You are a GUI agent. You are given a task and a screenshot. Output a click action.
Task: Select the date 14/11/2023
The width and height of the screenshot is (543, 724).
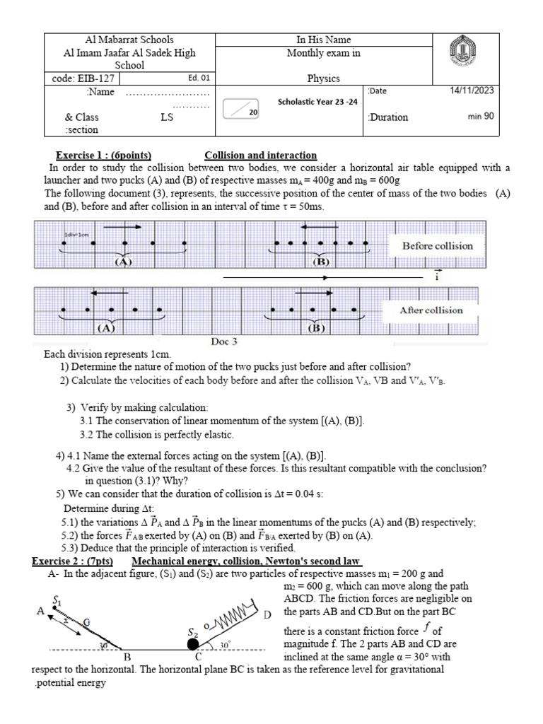tap(472, 90)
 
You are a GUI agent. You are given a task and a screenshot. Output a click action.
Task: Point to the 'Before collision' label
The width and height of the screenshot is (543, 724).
tap(437, 246)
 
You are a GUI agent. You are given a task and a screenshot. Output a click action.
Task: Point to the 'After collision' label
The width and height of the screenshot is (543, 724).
tap(431, 310)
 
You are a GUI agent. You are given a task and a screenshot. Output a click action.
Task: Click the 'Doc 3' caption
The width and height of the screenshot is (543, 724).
tap(224, 341)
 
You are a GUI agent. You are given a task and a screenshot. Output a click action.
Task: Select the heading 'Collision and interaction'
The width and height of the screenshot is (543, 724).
tap(260, 156)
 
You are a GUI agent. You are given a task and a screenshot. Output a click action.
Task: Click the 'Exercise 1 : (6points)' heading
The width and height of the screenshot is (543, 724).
tap(104, 156)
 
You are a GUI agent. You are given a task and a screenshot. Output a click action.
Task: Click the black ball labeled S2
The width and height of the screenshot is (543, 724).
tap(192, 643)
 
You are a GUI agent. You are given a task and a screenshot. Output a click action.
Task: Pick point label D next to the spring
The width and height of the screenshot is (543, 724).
tap(267, 615)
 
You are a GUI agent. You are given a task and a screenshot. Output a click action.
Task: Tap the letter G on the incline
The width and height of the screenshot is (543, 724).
tap(87, 621)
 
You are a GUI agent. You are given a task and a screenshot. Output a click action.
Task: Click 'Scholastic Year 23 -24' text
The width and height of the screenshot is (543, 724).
tap(317, 102)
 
